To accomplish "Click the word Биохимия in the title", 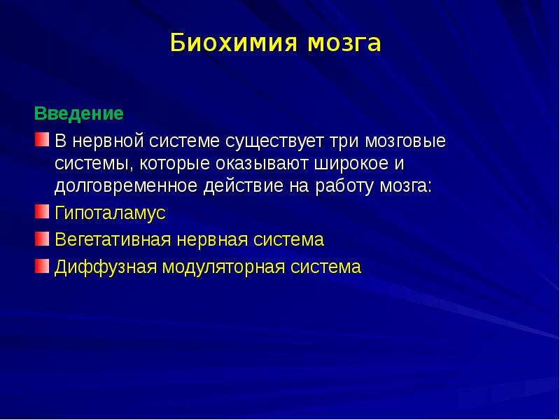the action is (234, 43).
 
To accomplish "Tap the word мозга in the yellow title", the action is (344, 43).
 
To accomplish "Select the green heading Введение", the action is (79, 113).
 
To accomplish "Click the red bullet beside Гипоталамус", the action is (42, 211).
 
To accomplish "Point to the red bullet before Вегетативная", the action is (42, 239).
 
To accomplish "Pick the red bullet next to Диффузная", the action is (42, 266).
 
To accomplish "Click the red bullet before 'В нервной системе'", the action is (42, 139).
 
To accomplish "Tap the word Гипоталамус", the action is (111, 213).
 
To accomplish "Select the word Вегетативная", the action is (113, 239).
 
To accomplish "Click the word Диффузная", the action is (106, 267).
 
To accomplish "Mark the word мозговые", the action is (405, 141).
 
